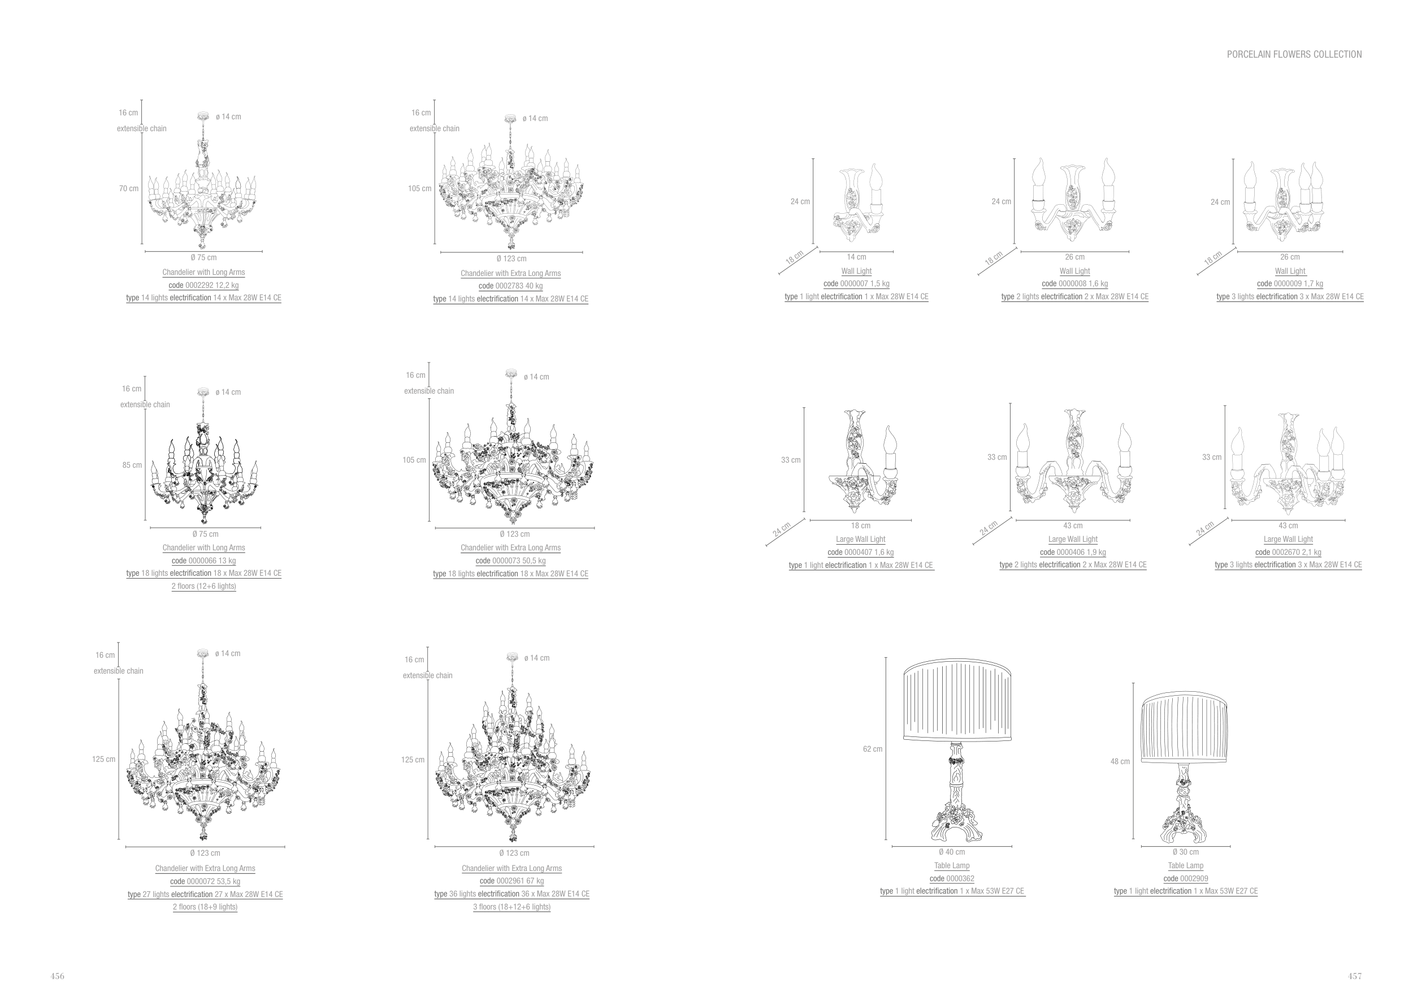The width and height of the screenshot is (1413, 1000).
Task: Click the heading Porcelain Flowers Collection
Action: tap(1294, 54)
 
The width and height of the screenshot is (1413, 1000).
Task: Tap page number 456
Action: tap(57, 976)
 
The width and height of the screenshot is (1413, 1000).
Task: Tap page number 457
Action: tap(1355, 976)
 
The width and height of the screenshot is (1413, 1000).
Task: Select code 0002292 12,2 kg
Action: tap(203, 285)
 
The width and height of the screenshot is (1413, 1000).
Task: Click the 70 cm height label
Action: tap(129, 188)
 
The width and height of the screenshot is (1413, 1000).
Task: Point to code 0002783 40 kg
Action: tap(511, 286)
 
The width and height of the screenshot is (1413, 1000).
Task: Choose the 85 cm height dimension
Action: tap(132, 465)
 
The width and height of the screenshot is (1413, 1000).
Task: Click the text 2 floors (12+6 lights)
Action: tap(203, 585)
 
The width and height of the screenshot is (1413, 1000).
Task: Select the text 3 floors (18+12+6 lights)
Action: tap(512, 907)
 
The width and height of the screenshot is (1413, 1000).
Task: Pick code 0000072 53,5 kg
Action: tap(205, 881)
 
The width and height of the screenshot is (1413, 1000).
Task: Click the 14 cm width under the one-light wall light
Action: tap(856, 257)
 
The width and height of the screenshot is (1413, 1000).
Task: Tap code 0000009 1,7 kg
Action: tap(1289, 283)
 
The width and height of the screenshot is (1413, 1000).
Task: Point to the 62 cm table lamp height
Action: tap(872, 749)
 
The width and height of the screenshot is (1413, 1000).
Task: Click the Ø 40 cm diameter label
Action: tap(951, 852)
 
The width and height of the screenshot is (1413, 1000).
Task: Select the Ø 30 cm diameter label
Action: tap(1185, 852)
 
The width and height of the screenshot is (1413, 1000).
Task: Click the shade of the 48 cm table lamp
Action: tap(1185, 727)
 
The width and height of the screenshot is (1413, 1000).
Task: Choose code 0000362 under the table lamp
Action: tap(951, 879)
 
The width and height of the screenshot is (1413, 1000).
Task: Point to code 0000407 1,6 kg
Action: tap(860, 553)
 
